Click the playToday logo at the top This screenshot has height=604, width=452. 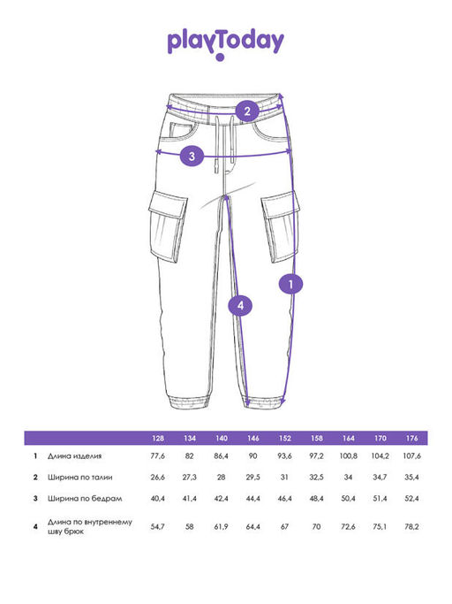point(226,44)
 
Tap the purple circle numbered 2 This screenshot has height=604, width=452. point(247,111)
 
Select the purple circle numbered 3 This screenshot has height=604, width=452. point(192,156)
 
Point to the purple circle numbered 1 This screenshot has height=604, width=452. point(290,284)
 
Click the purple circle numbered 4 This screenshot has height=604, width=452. point(240,305)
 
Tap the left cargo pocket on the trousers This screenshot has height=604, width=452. point(168,227)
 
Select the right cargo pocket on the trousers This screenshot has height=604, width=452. point(281,227)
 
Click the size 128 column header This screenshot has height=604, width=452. point(158,438)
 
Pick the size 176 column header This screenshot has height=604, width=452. point(411,438)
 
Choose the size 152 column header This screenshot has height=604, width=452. point(285,438)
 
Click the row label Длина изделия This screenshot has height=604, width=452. point(75,456)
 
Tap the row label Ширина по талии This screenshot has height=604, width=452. point(80,478)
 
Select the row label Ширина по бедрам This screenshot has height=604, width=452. point(85,499)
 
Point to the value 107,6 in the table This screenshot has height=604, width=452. point(411,456)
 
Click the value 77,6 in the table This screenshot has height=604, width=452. point(158,456)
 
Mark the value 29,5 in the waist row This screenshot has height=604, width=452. point(253,478)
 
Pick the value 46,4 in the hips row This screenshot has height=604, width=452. point(284,499)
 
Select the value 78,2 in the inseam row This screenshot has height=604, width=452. point(411,526)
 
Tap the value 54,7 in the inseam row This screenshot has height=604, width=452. point(158,526)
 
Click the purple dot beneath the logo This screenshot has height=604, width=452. point(220,57)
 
